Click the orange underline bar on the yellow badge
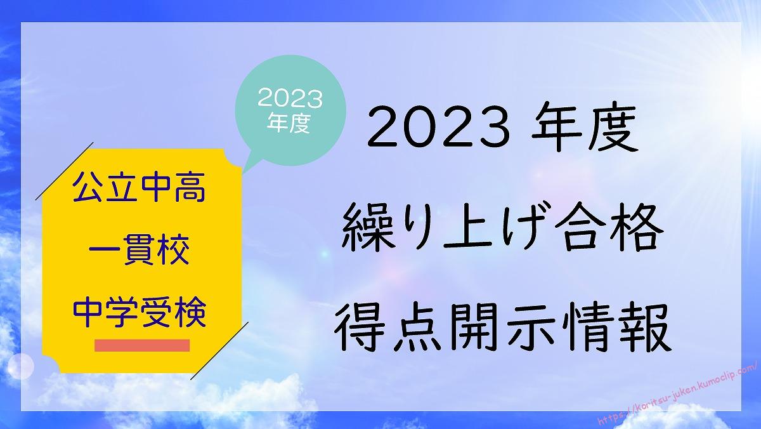(x=142, y=345)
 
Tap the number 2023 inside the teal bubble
(x=290, y=98)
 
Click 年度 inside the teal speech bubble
(x=289, y=122)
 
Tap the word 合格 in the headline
(x=608, y=227)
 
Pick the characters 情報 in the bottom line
(x=617, y=327)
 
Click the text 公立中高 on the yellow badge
(x=139, y=188)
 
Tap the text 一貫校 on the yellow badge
(x=139, y=250)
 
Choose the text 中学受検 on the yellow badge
(x=140, y=312)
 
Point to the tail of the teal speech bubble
(x=249, y=162)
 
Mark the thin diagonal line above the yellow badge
(x=64, y=171)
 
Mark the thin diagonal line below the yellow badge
(x=219, y=351)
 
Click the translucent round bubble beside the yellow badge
(x=21, y=366)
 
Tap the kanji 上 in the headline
(x=468, y=227)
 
